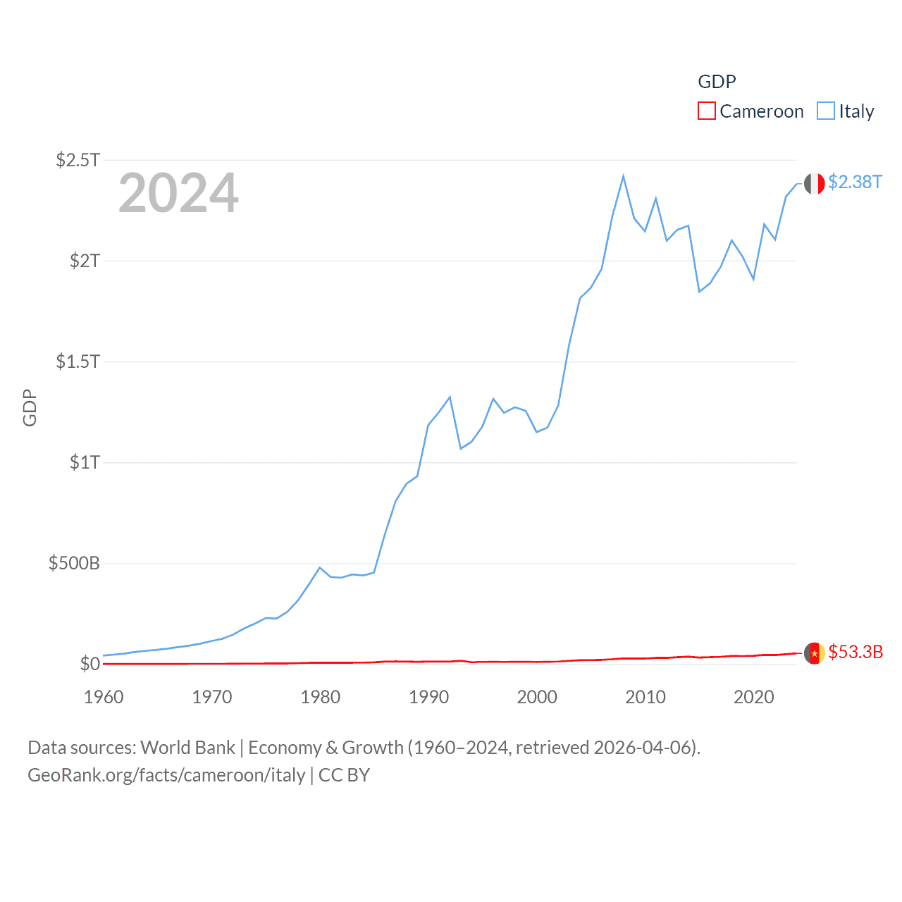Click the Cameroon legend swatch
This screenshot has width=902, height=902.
[707, 111]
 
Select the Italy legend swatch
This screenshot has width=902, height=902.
[826, 111]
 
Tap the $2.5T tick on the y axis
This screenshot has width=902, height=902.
[78, 160]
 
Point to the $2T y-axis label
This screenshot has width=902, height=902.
[85, 261]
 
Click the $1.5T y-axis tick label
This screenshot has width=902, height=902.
[78, 362]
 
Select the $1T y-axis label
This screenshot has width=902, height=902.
[85, 462]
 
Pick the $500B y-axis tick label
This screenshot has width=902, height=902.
[74, 563]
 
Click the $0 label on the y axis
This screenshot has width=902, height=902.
[89, 664]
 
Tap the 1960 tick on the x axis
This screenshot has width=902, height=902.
[104, 697]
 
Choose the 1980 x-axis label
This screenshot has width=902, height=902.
[321, 697]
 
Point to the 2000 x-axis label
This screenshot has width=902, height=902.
[537, 697]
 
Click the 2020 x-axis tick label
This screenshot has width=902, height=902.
[754, 697]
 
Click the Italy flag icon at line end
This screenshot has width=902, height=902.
[815, 183]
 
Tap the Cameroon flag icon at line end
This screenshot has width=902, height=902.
[815, 653]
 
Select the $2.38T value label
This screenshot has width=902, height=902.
[855, 182]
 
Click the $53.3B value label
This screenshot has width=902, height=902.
[855, 652]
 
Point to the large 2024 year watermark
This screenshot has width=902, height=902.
[178, 193]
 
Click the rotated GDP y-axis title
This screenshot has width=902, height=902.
[30, 407]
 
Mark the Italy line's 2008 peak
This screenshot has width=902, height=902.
[624, 176]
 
